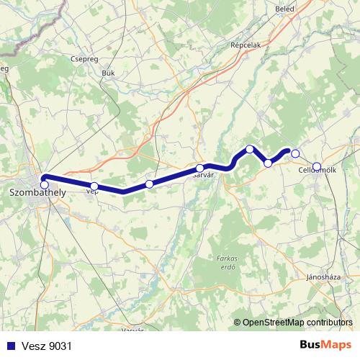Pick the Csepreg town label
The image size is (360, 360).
coord(85,60)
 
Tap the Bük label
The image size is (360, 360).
coord(109,73)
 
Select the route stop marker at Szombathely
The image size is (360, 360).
coord(45,185)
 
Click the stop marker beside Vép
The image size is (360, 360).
coord(94,186)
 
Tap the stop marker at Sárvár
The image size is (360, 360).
coord(199,168)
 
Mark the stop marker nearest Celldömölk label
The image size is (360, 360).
coord(317,167)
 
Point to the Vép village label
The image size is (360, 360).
coord(91,192)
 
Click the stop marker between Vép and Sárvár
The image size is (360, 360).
coord(149,184)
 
